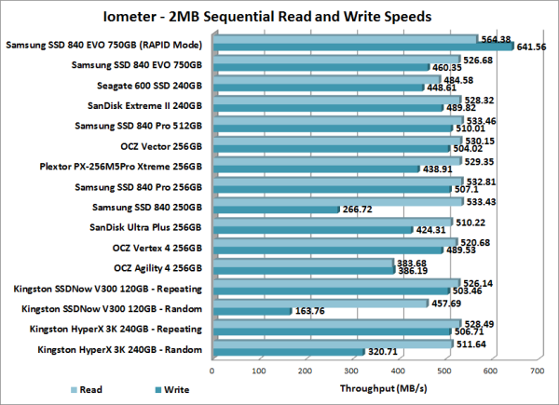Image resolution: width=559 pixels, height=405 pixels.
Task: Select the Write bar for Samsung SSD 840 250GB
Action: pyautogui.click(x=276, y=210)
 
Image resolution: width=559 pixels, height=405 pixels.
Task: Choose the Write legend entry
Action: pyautogui.click(x=167, y=390)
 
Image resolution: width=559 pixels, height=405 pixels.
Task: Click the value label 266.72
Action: pyautogui.click(x=358, y=210)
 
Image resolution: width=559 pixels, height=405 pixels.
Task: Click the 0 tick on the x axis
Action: pyautogui.click(x=213, y=371)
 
